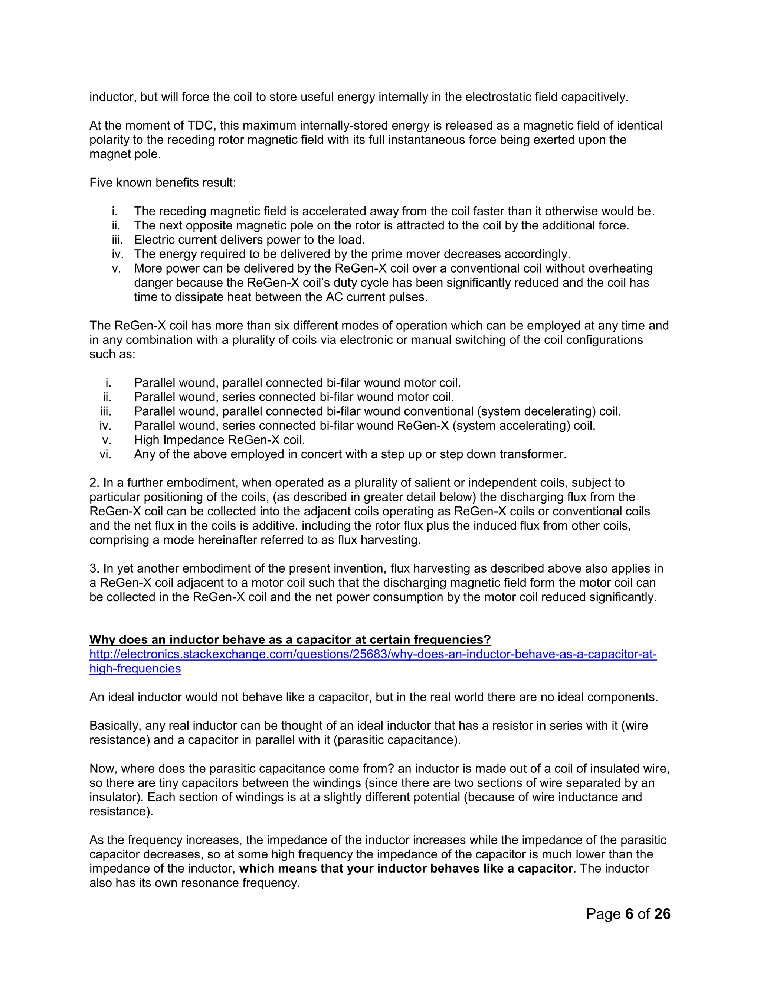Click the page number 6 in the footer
pos(629,914)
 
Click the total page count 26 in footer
pos(662,914)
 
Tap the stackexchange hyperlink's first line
pos(373,654)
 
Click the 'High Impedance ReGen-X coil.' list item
pos(219,440)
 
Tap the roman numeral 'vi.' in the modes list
pos(105,454)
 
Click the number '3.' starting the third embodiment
pos(94,568)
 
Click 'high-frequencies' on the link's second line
pos(135,669)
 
